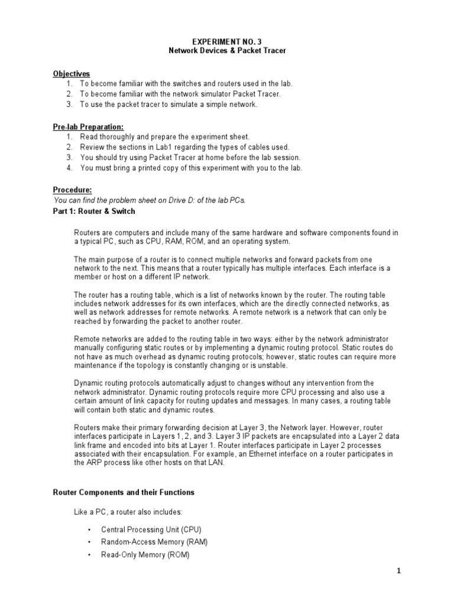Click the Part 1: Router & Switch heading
[94, 211]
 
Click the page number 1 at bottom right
[432, 571]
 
